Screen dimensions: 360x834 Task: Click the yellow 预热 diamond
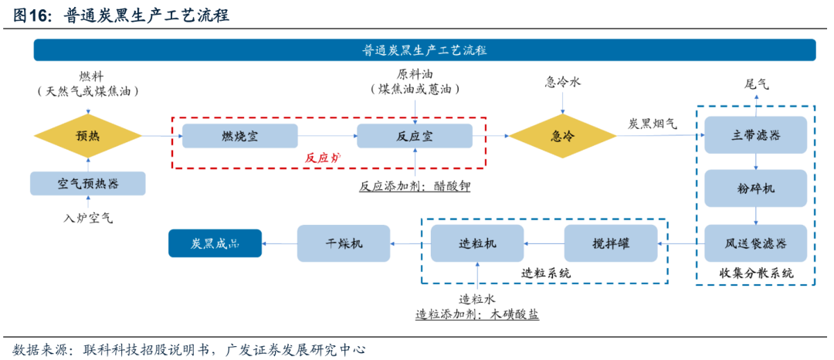88,136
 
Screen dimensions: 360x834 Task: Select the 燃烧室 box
239,136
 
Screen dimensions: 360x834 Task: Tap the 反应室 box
415,136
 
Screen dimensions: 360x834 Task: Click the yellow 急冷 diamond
562,136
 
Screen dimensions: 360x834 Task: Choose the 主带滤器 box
755,136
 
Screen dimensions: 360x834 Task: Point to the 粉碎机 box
755,189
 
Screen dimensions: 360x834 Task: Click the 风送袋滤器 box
755,244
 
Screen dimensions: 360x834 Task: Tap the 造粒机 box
477,243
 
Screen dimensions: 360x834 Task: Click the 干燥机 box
344,243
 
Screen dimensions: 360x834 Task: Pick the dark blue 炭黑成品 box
215,243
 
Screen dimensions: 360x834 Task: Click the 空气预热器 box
88,184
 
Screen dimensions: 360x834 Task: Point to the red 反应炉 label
322,158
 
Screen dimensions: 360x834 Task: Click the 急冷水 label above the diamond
562,83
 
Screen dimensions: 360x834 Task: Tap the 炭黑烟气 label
653,123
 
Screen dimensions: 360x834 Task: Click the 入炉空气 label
88,219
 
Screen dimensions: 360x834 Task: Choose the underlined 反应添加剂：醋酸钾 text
415,186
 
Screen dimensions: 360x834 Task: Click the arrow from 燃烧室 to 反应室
327,136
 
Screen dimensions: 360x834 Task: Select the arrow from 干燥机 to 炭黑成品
280,243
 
